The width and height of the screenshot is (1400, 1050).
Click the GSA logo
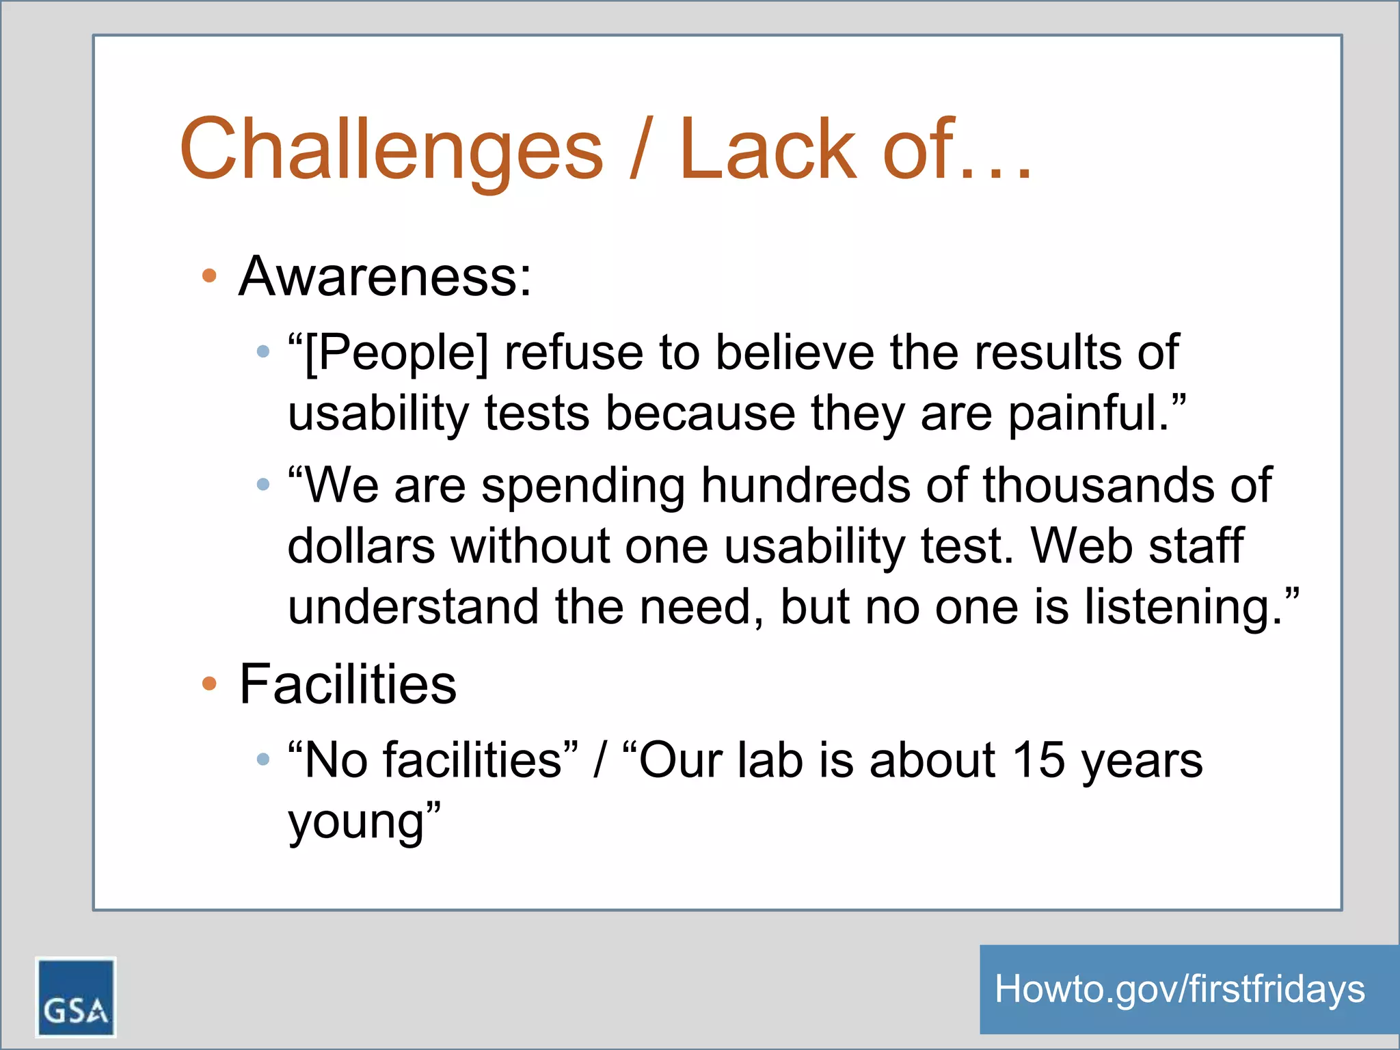(x=75, y=997)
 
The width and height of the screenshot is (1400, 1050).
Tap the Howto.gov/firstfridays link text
(x=1180, y=989)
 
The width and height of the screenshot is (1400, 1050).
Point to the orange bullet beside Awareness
(x=209, y=276)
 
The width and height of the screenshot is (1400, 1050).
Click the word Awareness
(x=384, y=276)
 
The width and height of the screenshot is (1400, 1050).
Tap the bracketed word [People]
(x=396, y=353)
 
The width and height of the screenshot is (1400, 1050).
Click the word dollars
(x=361, y=546)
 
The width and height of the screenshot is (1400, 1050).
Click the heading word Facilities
(x=347, y=684)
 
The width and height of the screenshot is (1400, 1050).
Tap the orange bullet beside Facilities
(x=209, y=683)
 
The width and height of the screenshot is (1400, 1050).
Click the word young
(x=356, y=822)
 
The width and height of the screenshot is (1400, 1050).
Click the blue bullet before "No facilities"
(x=263, y=759)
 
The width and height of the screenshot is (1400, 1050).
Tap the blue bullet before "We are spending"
(x=263, y=485)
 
